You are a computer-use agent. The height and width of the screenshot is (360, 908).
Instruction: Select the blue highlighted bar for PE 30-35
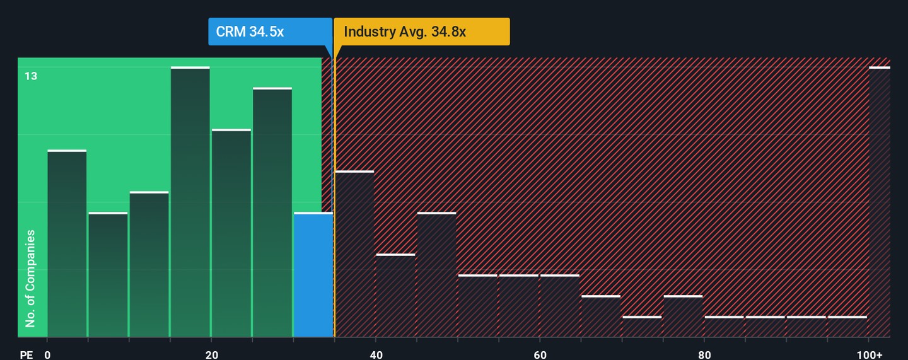point(313,275)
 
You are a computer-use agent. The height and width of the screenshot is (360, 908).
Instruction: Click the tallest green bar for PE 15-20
point(190,202)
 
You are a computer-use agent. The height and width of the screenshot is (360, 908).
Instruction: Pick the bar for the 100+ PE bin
point(880,202)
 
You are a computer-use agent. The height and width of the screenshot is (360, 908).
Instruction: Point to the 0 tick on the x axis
point(47,354)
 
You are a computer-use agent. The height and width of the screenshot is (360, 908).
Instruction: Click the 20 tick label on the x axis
point(212,354)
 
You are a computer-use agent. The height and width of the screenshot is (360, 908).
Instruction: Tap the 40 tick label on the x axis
point(376,354)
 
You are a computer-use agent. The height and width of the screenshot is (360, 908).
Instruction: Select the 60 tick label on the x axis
point(540,354)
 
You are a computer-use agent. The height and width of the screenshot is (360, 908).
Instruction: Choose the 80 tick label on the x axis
point(704,354)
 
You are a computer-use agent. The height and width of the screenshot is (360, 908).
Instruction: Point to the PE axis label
point(26,354)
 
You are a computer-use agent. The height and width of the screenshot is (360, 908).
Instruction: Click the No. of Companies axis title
point(30,279)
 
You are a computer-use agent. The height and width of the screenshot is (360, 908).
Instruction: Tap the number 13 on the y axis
point(31,76)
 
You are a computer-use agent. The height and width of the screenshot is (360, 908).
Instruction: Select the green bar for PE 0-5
point(67,244)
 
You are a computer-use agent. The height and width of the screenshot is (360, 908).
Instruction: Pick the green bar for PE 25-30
point(272,212)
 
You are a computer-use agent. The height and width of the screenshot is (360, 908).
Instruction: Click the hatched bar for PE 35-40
point(354,254)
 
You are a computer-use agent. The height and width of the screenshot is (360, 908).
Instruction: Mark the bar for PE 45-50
point(436,275)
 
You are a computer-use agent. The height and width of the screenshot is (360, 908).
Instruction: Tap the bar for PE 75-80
point(683,316)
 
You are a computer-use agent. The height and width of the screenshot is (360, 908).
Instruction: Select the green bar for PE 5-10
point(108,275)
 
